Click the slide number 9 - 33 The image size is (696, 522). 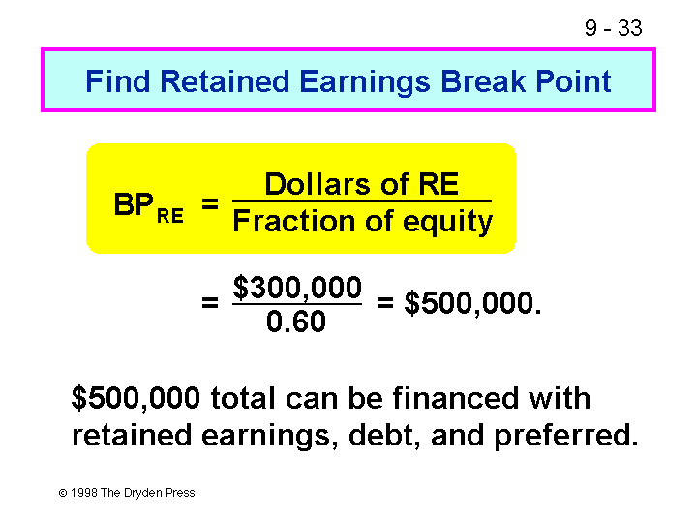tap(613, 28)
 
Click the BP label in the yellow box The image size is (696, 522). tap(134, 205)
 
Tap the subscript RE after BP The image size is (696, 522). tap(170, 214)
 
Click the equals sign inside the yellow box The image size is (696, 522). tap(209, 204)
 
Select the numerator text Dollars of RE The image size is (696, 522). tap(361, 184)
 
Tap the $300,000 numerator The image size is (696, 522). tap(297, 288)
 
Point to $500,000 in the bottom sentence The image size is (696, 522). tap(136, 398)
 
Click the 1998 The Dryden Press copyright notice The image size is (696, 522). tap(128, 493)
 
